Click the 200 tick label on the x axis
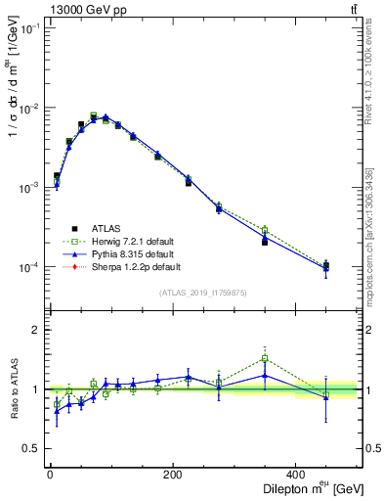172,475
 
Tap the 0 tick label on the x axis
50,475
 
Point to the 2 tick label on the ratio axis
35,330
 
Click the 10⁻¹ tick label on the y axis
30,28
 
